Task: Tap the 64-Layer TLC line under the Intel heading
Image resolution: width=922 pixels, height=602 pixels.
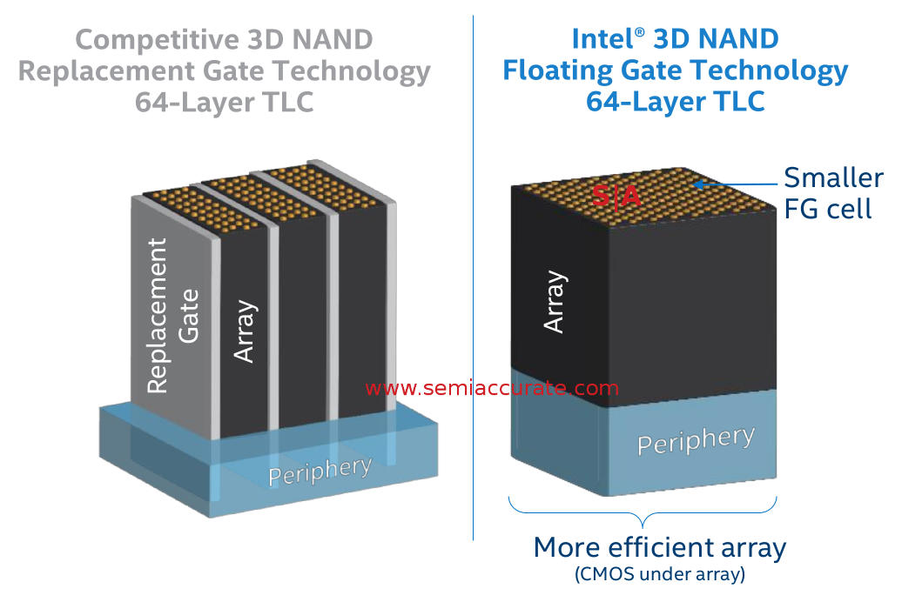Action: point(675,101)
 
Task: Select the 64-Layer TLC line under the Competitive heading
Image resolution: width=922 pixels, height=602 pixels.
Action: point(224,101)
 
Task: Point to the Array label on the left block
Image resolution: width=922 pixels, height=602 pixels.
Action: point(245,331)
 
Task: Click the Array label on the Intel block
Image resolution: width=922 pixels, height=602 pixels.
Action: point(555,302)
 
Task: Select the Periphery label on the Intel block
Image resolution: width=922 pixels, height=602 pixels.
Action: point(696,440)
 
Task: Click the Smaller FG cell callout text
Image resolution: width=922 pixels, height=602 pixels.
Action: point(833,193)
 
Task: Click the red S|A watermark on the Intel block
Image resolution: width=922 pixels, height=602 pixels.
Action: point(616,197)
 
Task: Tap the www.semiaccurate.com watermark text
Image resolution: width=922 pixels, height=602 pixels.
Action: point(492,388)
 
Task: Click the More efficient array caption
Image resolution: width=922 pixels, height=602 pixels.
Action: point(659,548)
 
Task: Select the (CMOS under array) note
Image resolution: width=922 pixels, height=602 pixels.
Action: point(659,574)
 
